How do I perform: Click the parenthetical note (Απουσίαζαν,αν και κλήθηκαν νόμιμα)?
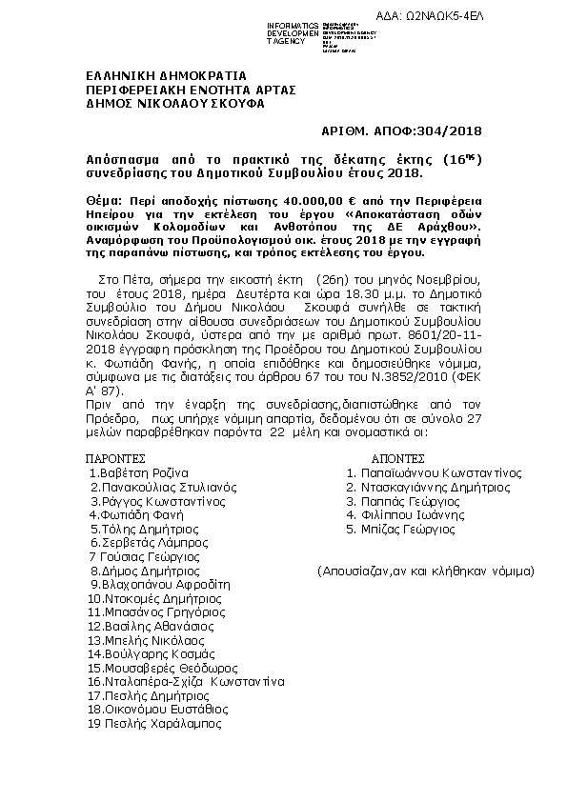pos(426,571)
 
